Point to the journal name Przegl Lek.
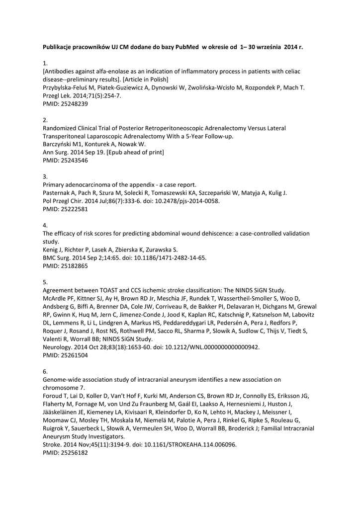52,96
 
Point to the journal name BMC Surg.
53,257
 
